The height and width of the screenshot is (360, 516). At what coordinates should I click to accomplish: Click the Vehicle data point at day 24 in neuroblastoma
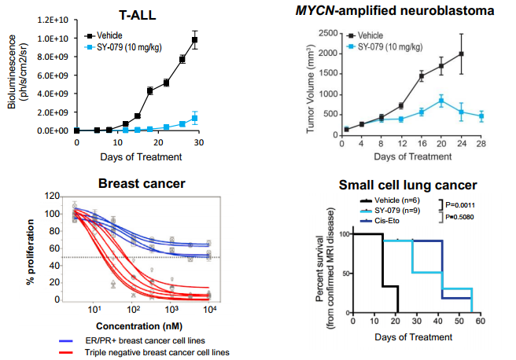pyautogui.click(x=462, y=54)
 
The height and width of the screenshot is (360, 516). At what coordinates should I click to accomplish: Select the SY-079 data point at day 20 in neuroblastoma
pyautogui.click(x=442, y=101)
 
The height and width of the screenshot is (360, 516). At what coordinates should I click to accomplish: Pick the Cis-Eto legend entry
pyautogui.click(x=378, y=221)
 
